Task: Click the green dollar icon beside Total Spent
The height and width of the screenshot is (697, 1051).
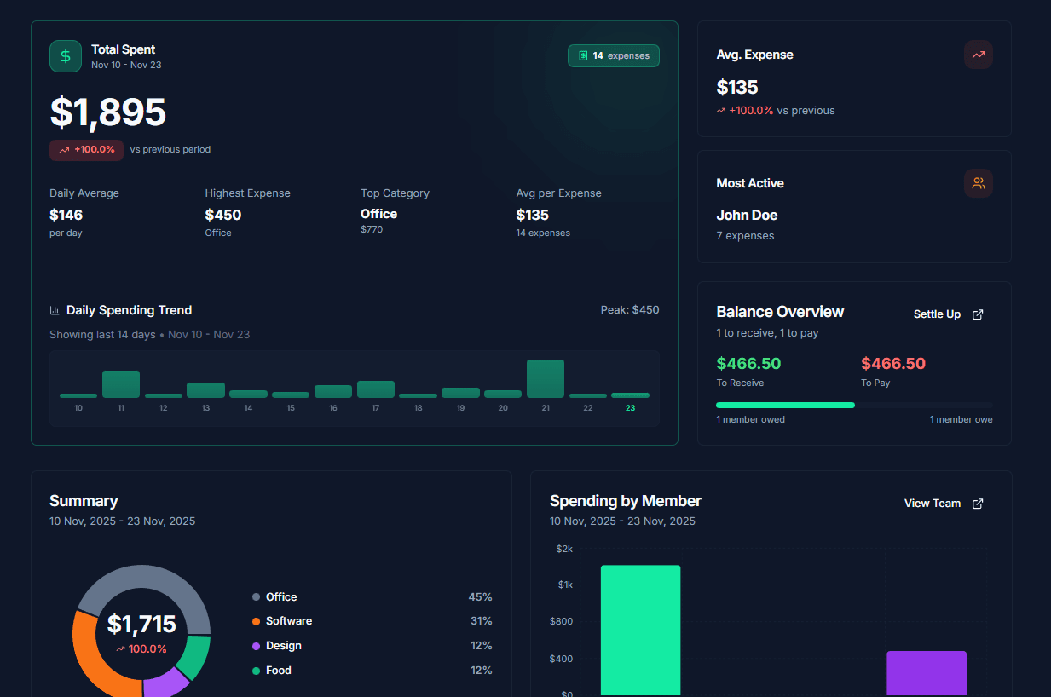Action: [66, 56]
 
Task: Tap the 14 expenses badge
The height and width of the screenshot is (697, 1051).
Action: [613, 55]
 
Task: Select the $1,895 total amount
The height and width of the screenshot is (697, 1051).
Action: [108, 112]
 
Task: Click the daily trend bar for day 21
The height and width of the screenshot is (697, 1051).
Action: [546, 379]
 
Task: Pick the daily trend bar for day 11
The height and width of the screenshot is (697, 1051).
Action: [121, 384]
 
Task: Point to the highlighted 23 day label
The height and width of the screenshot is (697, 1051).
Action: [630, 408]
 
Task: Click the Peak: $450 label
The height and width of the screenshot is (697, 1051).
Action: [629, 310]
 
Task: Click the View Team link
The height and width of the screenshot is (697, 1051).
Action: [944, 504]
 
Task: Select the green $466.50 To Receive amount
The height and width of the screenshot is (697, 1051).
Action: [748, 364]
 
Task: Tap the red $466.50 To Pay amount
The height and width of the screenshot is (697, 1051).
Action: [892, 364]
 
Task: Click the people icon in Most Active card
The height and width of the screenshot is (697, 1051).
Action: [978, 183]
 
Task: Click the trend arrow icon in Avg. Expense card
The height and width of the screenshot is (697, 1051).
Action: [978, 55]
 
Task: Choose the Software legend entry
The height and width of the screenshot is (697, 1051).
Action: [288, 621]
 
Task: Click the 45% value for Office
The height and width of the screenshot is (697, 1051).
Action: [480, 597]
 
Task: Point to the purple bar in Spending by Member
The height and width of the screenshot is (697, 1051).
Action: [926, 673]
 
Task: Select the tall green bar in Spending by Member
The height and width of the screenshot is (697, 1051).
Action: [640, 631]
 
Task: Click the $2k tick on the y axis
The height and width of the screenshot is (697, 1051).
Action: [564, 549]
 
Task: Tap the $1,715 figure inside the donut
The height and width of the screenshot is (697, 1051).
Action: [141, 625]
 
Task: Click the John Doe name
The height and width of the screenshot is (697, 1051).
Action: [747, 216]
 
